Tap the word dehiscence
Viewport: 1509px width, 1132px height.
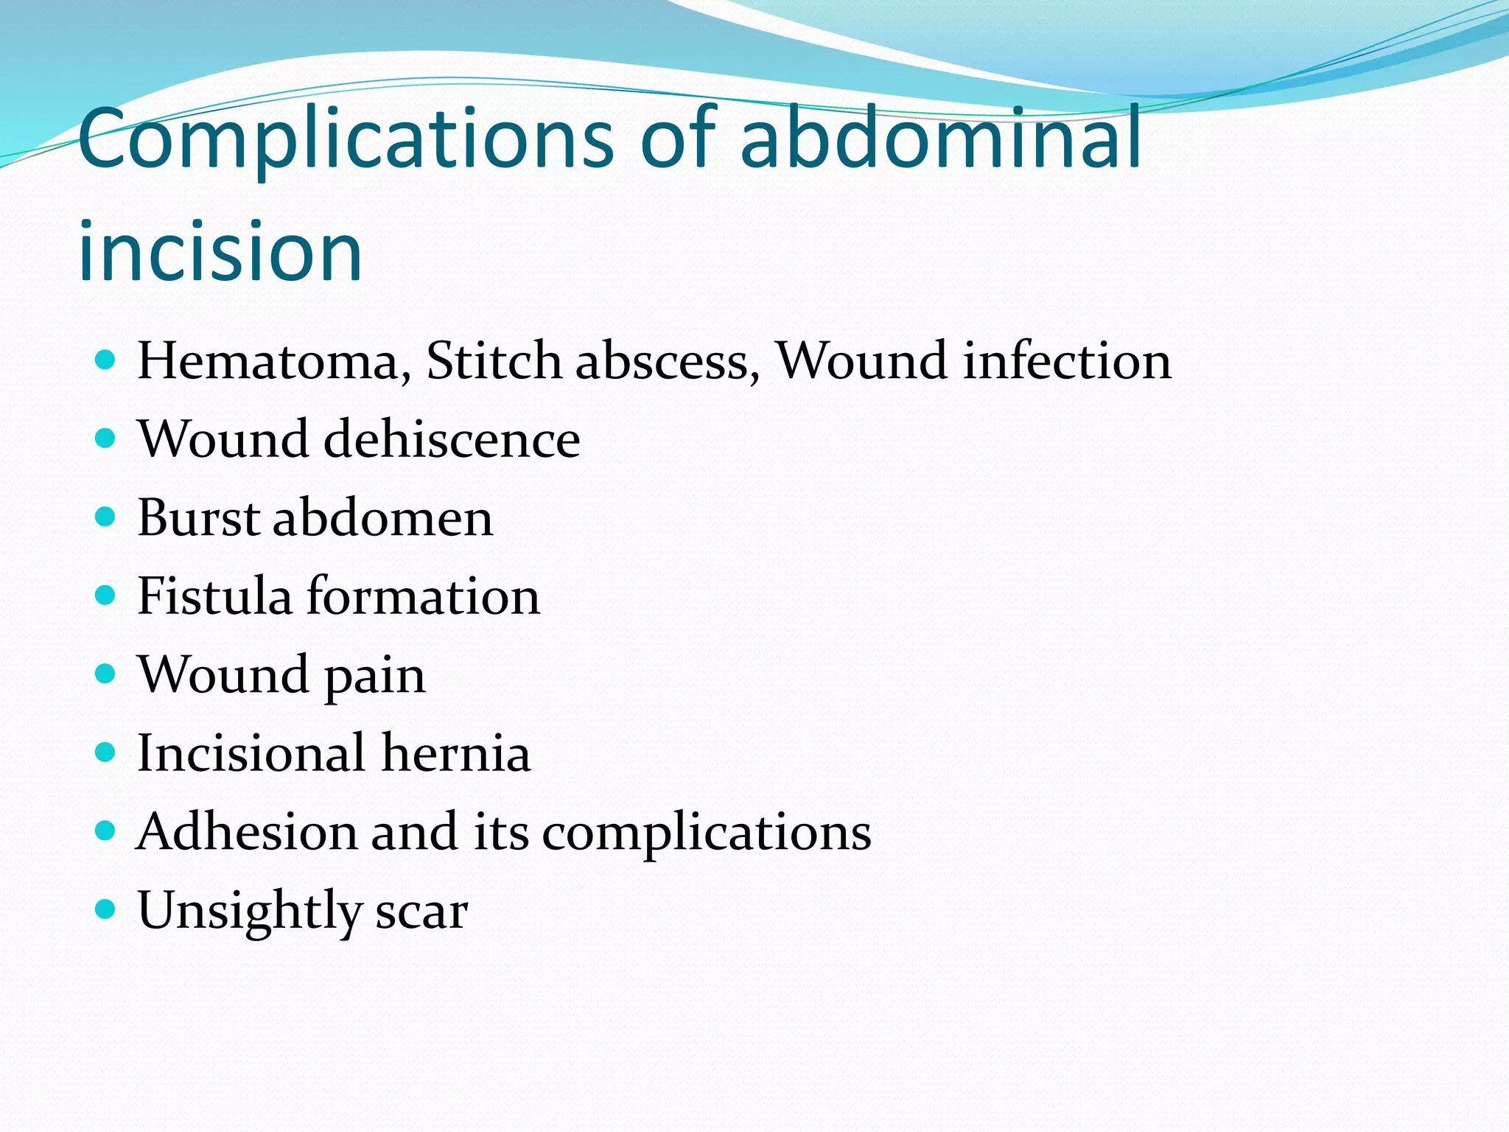point(452,439)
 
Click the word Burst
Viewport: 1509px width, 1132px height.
point(198,517)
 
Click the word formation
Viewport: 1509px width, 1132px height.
point(423,597)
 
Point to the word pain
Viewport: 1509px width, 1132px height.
point(375,677)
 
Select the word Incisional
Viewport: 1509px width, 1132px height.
point(251,753)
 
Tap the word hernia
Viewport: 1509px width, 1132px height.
point(456,753)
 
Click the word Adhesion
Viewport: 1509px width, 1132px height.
point(247,832)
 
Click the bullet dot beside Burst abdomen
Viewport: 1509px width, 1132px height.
point(106,517)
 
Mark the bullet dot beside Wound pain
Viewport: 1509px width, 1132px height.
point(106,674)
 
